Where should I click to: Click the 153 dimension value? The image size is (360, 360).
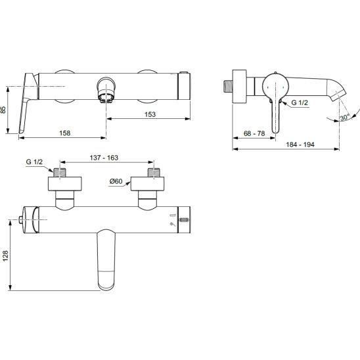pyautogui.click(x=150, y=114)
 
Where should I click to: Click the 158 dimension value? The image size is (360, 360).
pyautogui.click(x=65, y=133)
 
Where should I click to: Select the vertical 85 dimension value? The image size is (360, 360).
pyautogui.click(x=3, y=110)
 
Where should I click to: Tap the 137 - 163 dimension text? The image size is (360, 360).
pyautogui.click(x=104, y=158)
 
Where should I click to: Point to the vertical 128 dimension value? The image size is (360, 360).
pyautogui.click(x=5, y=256)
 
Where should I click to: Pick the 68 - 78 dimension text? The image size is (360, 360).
pyautogui.click(x=254, y=133)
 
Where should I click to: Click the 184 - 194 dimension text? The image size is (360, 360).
pyautogui.click(x=300, y=145)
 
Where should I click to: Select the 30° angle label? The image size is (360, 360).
pyautogui.click(x=345, y=118)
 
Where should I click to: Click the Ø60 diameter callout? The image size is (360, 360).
pyautogui.click(x=116, y=181)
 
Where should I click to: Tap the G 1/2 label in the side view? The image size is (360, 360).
pyautogui.click(x=300, y=102)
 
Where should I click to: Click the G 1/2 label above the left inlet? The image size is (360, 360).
pyautogui.click(x=34, y=162)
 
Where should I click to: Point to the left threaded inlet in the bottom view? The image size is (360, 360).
pyautogui.click(x=60, y=173)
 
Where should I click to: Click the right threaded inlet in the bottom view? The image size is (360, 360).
pyautogui.click(x=154, y=173)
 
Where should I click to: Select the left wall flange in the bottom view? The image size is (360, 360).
pyautogui.click(x=65, y=184)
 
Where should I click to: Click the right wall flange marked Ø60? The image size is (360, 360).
pyautogui.click(x=147, y=184)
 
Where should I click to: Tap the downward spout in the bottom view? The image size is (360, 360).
pyautogui.click(x=106, y=260)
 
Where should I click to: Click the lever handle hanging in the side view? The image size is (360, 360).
pyautogui.click(x=275, y=116)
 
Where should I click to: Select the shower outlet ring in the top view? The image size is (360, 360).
pyautogui.click(x=106, y=89)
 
